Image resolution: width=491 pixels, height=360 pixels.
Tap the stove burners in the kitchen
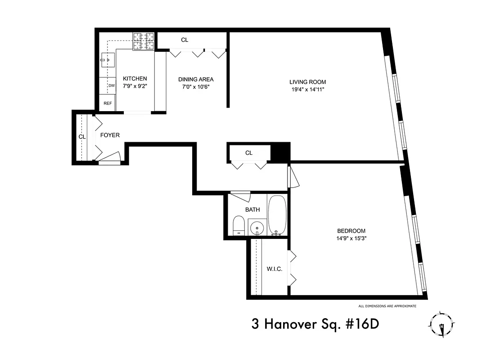[144, 41]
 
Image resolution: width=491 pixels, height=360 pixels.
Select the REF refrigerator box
[108, 103]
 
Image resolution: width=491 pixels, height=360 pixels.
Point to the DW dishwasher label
[111, 85]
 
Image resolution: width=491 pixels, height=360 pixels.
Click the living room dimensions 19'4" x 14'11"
[307, 90]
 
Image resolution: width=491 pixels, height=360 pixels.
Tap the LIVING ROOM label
[307, 82]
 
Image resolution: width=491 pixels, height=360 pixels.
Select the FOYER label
[110, 135]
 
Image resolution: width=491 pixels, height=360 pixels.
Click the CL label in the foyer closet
[82, 136]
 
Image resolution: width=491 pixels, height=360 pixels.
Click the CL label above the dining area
[185, 40]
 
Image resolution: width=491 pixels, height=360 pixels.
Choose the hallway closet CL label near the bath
[249, 153]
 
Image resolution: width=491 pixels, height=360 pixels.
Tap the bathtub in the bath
[277, 215]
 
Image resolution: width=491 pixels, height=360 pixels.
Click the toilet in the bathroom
[239, 225]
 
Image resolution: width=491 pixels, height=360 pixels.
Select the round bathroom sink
[257, 227]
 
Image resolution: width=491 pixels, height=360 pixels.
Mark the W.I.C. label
[275, 269]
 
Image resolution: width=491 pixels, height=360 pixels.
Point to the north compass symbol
[442, 325]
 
